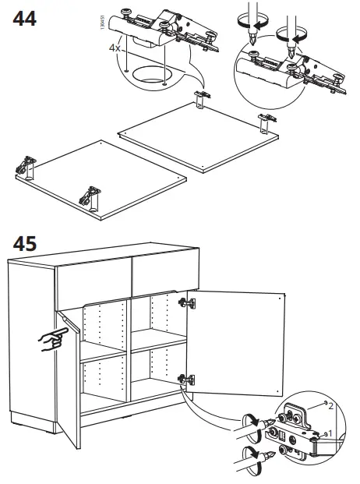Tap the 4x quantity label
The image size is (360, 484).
tap(115, 48)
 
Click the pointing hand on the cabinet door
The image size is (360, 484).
tap(53, 337)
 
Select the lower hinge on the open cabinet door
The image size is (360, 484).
tap(187, 380)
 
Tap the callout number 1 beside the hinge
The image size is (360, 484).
tap(330, 433)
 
